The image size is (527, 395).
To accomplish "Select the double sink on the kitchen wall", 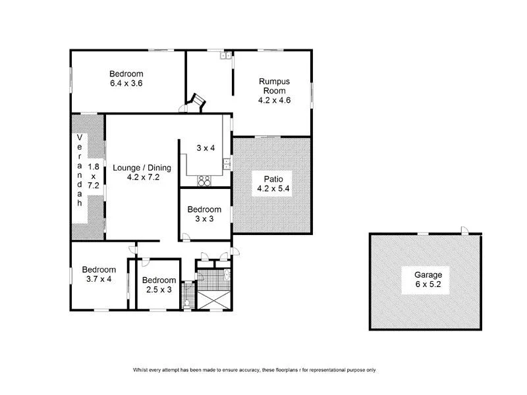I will pos(225,163).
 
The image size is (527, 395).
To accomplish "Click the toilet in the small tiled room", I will pos(188,302).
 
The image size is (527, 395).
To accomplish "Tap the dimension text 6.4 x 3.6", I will pos(126,84).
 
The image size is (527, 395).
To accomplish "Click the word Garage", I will pos(428,275).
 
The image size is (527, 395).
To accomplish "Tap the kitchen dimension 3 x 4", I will pos(206,148).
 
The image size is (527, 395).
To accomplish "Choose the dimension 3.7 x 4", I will pos(99,279).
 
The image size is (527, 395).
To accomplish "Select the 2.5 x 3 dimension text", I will pos(160,290).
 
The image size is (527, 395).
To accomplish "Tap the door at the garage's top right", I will pos(465,230).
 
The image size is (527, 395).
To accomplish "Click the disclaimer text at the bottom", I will pos(254,370).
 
